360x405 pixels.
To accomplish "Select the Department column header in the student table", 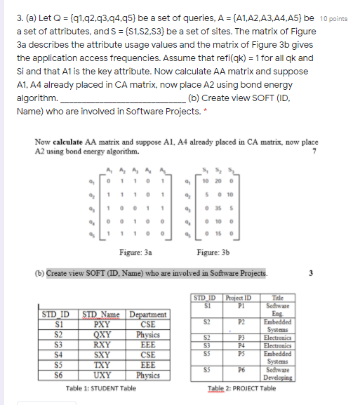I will (x=148, y=314).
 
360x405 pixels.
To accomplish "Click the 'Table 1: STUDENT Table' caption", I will (x=100, y=388).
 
